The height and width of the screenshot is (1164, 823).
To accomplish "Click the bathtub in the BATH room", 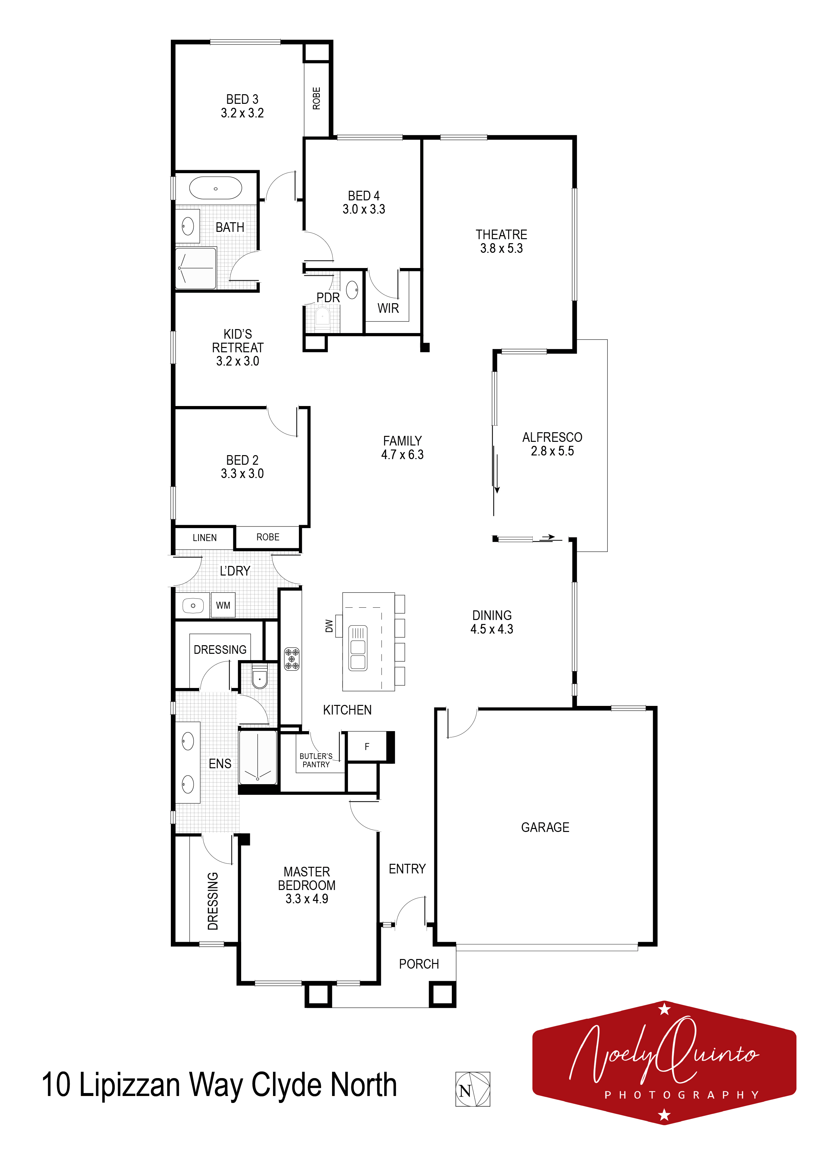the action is (x=216, y=188).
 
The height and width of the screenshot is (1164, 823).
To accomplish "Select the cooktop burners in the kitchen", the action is (x=292, y=658).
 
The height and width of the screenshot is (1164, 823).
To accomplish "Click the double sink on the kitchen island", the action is (x=358, y=648).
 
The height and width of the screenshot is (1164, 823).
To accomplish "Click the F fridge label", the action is (x=367, y=746).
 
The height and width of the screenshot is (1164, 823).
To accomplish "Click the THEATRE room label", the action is (x=502, y=235).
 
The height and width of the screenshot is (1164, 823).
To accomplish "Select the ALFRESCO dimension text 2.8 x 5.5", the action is (x=552, y=451).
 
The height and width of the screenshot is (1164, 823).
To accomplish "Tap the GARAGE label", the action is (x=545, y=827).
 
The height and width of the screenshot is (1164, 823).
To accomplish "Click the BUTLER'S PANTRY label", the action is (x=316, y=760).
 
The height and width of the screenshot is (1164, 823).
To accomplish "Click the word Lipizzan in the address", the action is (x=129, y=1085).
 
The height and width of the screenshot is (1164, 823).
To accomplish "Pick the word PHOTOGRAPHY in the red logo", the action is (x=682, y=1095).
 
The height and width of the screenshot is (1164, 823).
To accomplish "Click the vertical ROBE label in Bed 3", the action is (x=316, y=98).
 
